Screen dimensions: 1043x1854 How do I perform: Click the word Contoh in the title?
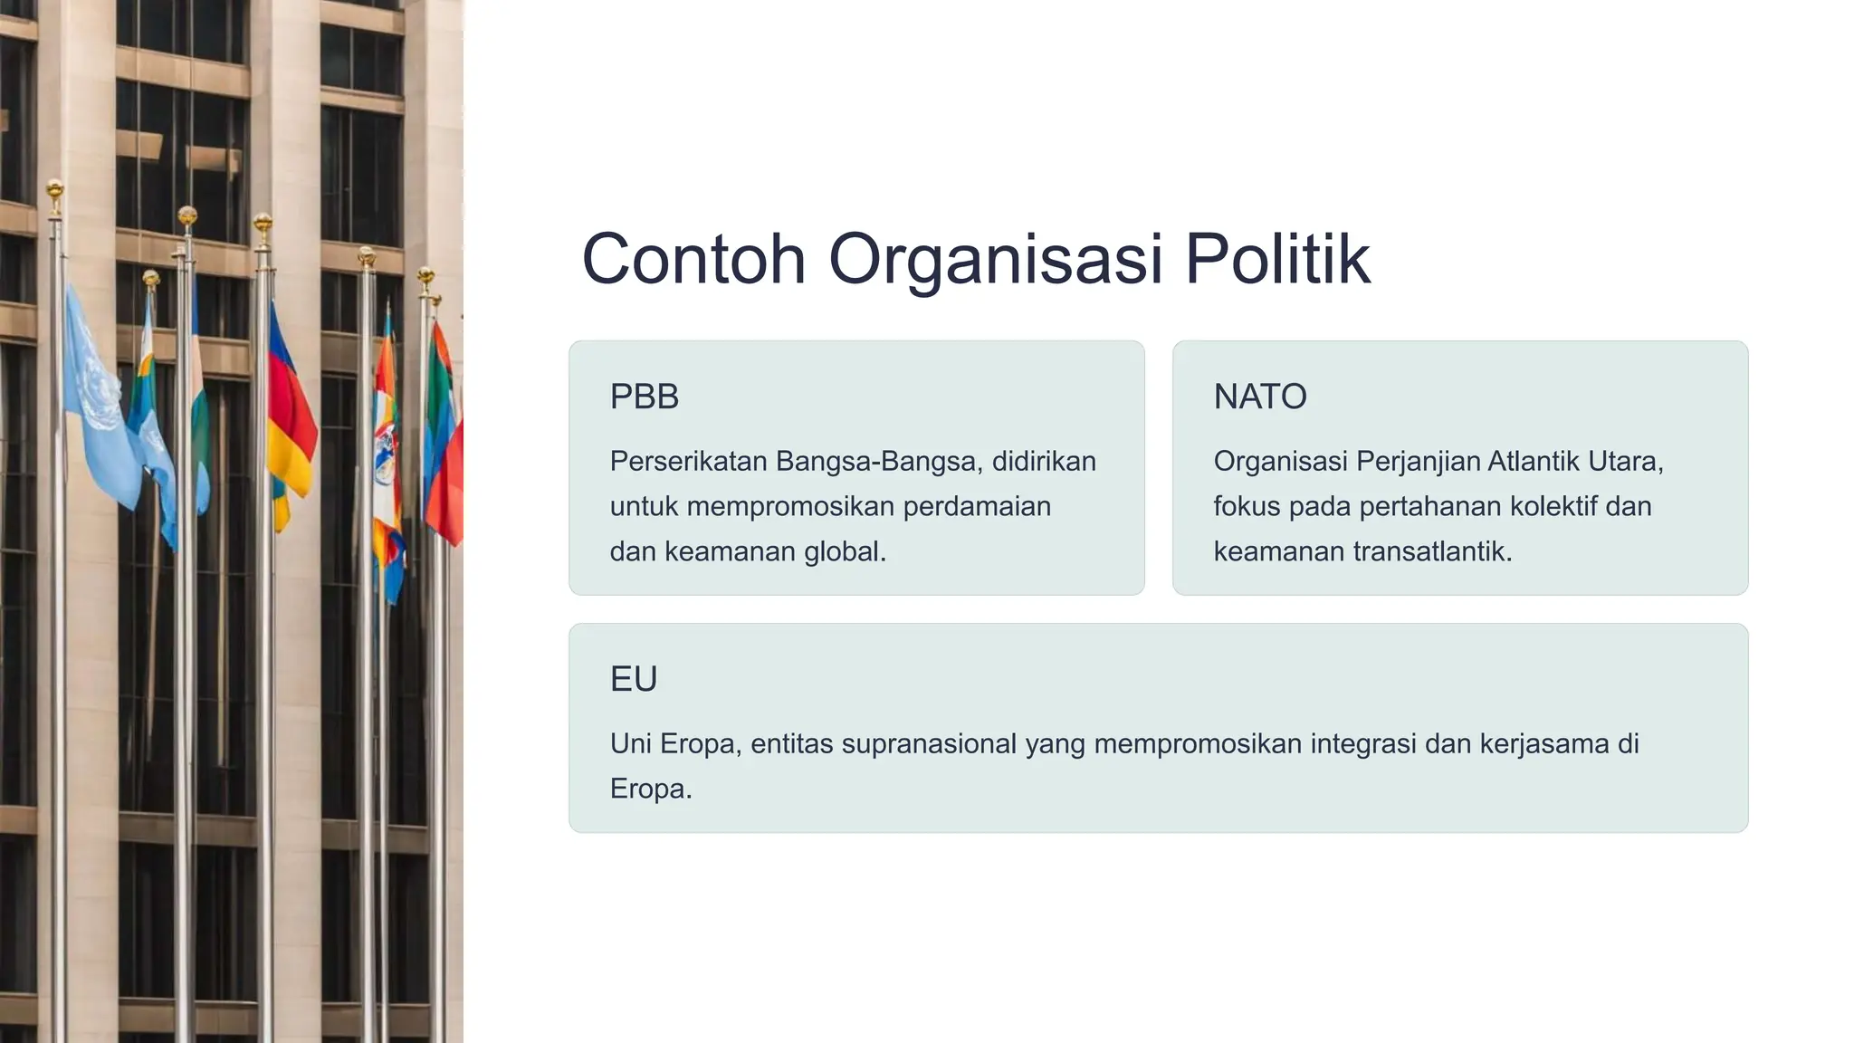tap(693, 259)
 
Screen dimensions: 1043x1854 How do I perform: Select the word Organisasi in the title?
tap(995, 261)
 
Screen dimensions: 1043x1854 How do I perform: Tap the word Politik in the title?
tap(1277, 259)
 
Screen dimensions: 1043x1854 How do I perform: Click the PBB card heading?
tap(644, 397)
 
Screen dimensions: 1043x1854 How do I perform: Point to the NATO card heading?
tap(1259, 397)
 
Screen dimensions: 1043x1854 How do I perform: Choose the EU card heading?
tap(633, 679)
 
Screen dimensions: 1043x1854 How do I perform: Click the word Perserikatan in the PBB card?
tap(688, 462)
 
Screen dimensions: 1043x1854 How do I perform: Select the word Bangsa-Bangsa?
tap(879, 462)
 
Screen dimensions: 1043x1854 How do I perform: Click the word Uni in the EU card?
tap(630, 744)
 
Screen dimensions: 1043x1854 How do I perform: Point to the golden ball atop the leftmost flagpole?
tap(55, 190)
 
